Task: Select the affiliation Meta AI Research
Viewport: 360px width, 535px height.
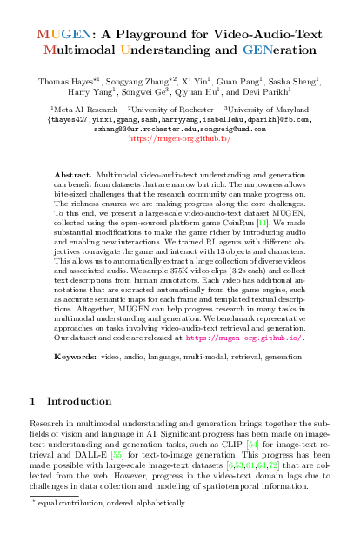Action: pyautogui.click(x=80, y=110)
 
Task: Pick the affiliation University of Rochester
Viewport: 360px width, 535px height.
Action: pyautogui.click(x=166, y=110)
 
